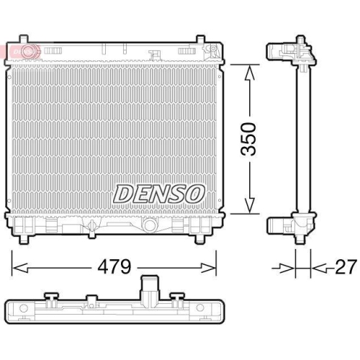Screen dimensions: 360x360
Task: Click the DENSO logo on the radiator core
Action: click(160, 193)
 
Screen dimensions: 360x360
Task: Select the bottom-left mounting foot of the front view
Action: click(27, 238)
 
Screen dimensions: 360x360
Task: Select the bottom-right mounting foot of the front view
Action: click(199, 238)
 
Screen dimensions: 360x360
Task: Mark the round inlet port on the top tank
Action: click(29, 51)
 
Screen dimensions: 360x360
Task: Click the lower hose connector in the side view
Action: click(279, 225)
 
